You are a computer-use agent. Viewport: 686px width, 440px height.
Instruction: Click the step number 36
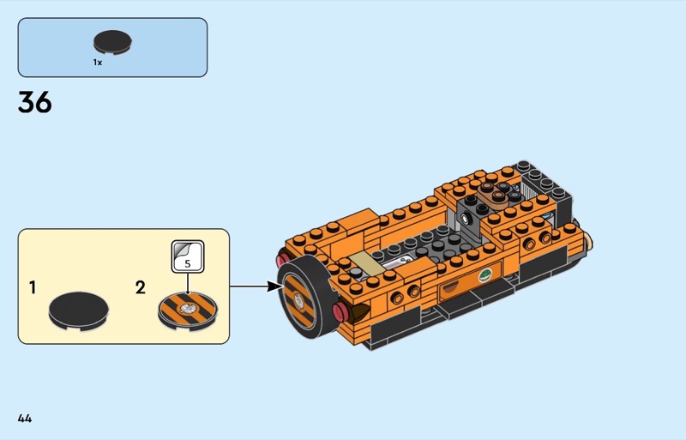[35, 102]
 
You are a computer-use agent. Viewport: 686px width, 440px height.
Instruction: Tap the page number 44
[25, 419]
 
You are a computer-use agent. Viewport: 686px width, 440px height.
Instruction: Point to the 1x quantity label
[98, 63]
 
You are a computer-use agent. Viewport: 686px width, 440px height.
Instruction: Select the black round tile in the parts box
[112, 43]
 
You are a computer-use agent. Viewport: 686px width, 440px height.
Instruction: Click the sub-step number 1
[33, 287]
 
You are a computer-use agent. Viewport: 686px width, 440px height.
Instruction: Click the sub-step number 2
[140, 287]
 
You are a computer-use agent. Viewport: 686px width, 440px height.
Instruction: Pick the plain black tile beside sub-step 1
[79, 310]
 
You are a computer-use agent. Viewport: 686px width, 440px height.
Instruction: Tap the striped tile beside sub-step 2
[188, 310]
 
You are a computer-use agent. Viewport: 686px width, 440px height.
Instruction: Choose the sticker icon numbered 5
[188, 256]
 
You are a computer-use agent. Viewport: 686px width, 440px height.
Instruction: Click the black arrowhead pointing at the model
[274, 286]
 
